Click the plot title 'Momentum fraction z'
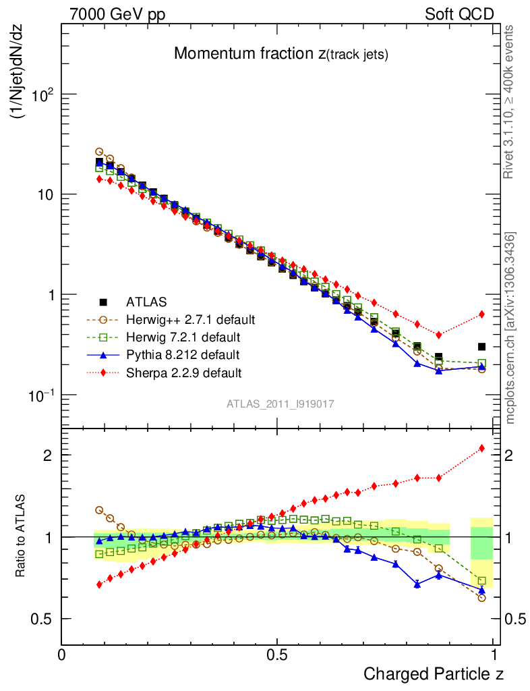(281, 54)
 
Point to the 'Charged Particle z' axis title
(433, 673)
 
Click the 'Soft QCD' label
(459, 13)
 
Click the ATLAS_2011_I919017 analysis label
(281, 404)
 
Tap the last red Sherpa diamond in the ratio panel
(481, 448)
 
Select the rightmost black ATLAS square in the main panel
(481, 346)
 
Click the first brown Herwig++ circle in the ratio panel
(99, 510)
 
